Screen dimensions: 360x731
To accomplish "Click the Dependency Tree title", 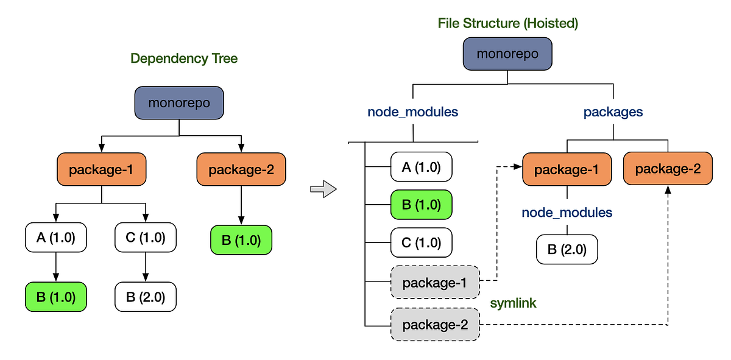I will (184, 59).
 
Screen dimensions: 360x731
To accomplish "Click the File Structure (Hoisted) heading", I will (507, 24).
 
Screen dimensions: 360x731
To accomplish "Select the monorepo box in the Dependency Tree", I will (179, 103).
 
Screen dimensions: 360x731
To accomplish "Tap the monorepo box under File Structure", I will (507, 54).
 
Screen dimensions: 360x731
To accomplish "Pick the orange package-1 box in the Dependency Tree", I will (101, 169).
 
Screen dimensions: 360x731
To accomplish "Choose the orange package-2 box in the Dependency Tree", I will (241, 169).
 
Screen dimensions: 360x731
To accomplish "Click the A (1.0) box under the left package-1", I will (55, 238).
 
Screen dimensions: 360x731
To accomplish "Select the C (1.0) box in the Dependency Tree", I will (146, 238).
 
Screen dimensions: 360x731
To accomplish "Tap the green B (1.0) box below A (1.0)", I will (55, 298).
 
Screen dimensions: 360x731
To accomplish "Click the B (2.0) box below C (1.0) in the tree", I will (146, 298).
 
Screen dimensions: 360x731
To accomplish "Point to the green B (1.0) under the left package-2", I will (241, 240).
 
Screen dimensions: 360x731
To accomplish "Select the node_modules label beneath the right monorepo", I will (413, 112).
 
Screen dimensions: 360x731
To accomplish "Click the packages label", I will (613, 112).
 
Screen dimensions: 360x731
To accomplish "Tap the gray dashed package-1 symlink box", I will (435, 283).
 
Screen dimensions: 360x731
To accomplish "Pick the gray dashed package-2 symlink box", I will (435, 324).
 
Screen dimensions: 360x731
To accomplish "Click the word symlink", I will (514, 303).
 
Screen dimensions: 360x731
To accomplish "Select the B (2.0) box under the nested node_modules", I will (567, 250).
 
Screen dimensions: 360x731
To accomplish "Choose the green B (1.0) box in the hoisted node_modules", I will (421, 204).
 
